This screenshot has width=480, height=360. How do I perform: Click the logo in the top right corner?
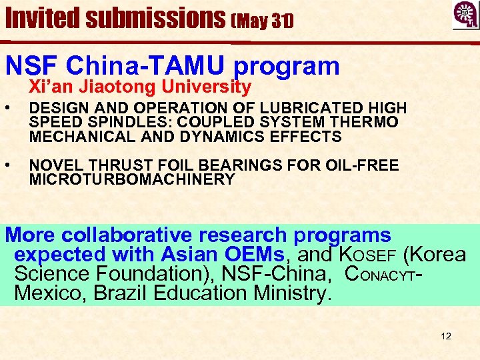[465, 15]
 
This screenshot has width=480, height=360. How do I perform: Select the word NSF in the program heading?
[30, 65]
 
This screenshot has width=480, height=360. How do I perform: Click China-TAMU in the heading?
[144, 65]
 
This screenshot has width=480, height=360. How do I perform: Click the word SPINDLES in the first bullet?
[111, 123]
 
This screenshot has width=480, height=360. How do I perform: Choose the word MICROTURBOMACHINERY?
[132, 179]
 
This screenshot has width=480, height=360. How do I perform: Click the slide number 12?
[446, 336]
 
